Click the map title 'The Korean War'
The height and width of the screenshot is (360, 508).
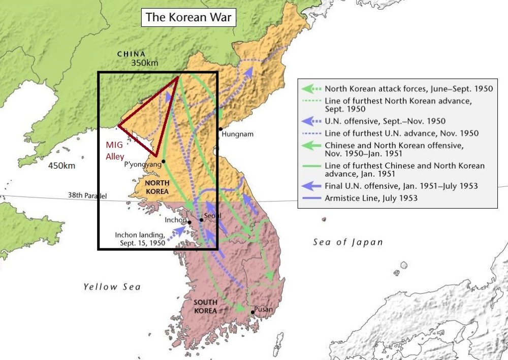[x=188, y=18]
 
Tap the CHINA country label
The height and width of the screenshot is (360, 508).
[x=131, y=54]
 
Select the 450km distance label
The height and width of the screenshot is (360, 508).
[x=61, y=166]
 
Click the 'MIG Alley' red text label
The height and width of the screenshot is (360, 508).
[x=114, y=151]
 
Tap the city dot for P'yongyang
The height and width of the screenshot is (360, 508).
[x=164, y=161]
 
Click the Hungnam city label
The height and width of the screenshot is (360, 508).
[x=238, y=134]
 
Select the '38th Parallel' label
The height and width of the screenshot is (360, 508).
[x=90, y=195]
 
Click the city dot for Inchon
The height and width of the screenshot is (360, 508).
[x=189, y=222]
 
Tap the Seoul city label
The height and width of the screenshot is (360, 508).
[x=212, y=216]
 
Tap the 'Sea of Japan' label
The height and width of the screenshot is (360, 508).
[x=348, y=242]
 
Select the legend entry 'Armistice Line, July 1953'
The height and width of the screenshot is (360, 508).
[x=371, y=198]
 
